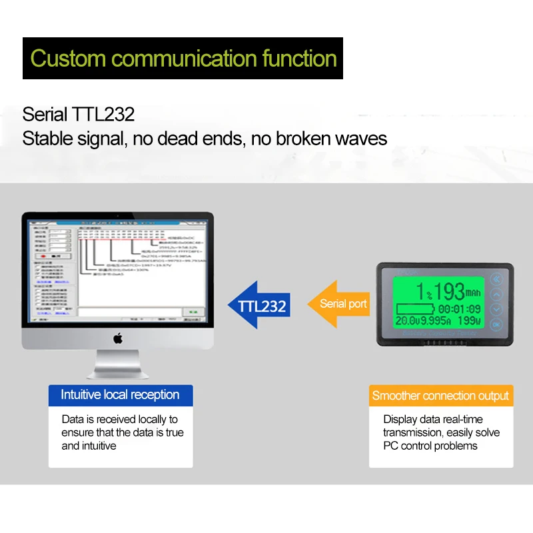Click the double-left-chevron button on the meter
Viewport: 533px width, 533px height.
495,280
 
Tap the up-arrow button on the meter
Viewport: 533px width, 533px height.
495,294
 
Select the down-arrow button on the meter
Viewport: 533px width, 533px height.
495,309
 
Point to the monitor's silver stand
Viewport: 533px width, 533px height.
118,364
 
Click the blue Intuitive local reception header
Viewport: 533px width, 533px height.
120,395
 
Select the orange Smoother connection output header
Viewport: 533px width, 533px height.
440,396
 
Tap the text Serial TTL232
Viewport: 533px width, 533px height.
79,114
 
